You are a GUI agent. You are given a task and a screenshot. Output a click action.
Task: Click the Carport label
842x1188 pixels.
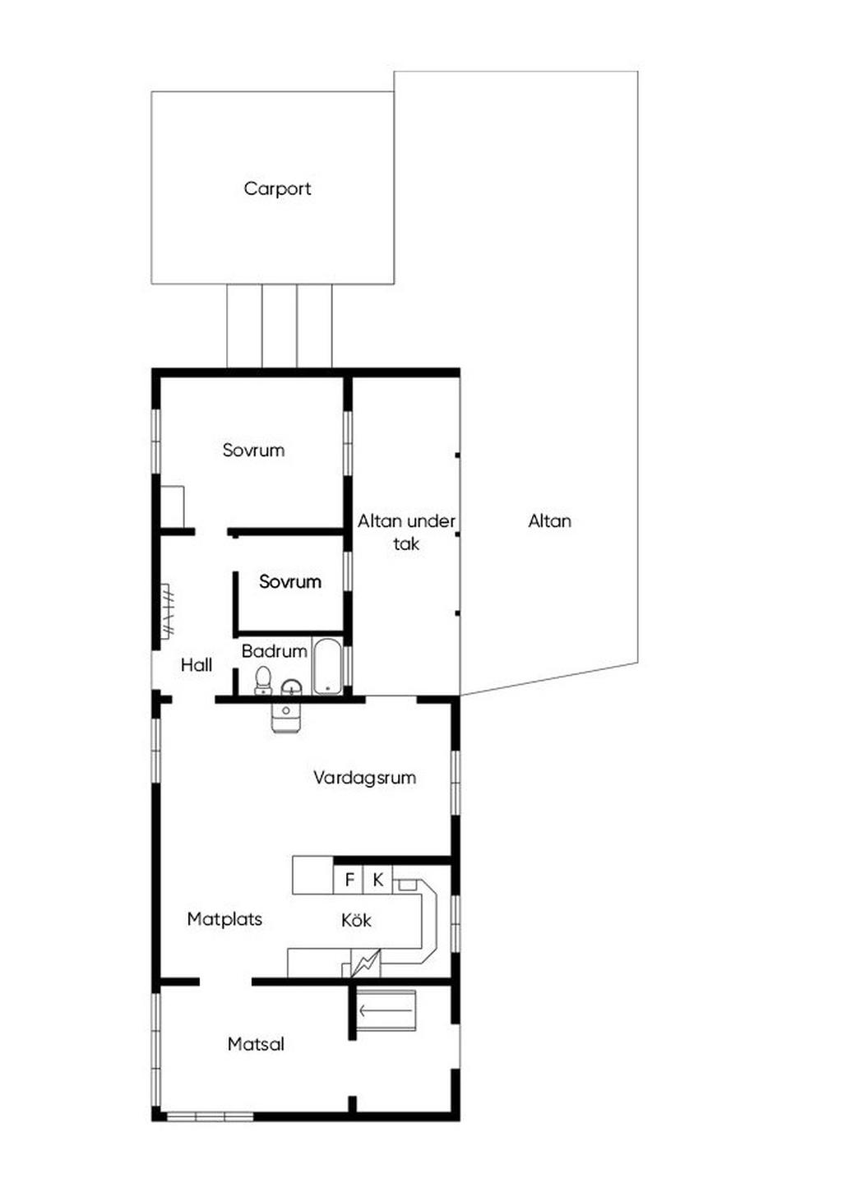click(x=277, y=189)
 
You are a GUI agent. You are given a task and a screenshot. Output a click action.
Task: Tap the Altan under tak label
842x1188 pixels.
click(x=406, y=532)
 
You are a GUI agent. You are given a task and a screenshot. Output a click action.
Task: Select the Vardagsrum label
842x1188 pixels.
click(x=364, y=778)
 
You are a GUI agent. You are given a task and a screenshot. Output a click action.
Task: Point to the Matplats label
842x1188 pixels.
click(x=224, y=919)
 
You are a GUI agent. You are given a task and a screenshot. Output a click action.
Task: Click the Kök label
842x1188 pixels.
click(x=356, y=920)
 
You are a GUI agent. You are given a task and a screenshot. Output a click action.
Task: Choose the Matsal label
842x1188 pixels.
click(x=256, y=1044)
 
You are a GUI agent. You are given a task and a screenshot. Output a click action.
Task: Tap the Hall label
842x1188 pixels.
click(x=197, y=665)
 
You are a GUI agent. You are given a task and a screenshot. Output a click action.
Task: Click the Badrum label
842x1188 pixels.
click(x=275, y=651)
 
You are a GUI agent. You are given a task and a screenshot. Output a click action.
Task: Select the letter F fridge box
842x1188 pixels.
click(x=349, y=880)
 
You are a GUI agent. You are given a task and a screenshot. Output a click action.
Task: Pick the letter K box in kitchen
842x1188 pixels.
click(x=377, y=880)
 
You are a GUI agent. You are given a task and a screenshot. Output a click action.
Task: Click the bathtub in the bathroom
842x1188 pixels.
click(x=327, y=666)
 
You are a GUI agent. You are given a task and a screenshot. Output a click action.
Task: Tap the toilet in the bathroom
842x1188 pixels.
click(x=262, y=681)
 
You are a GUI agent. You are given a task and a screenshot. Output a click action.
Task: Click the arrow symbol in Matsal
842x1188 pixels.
click(x=386, y=1010)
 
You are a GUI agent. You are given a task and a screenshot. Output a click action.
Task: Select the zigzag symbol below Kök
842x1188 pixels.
click(x=366, y=963)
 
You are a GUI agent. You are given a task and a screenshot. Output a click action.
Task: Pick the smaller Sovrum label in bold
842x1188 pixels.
click(x=290, y=582)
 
